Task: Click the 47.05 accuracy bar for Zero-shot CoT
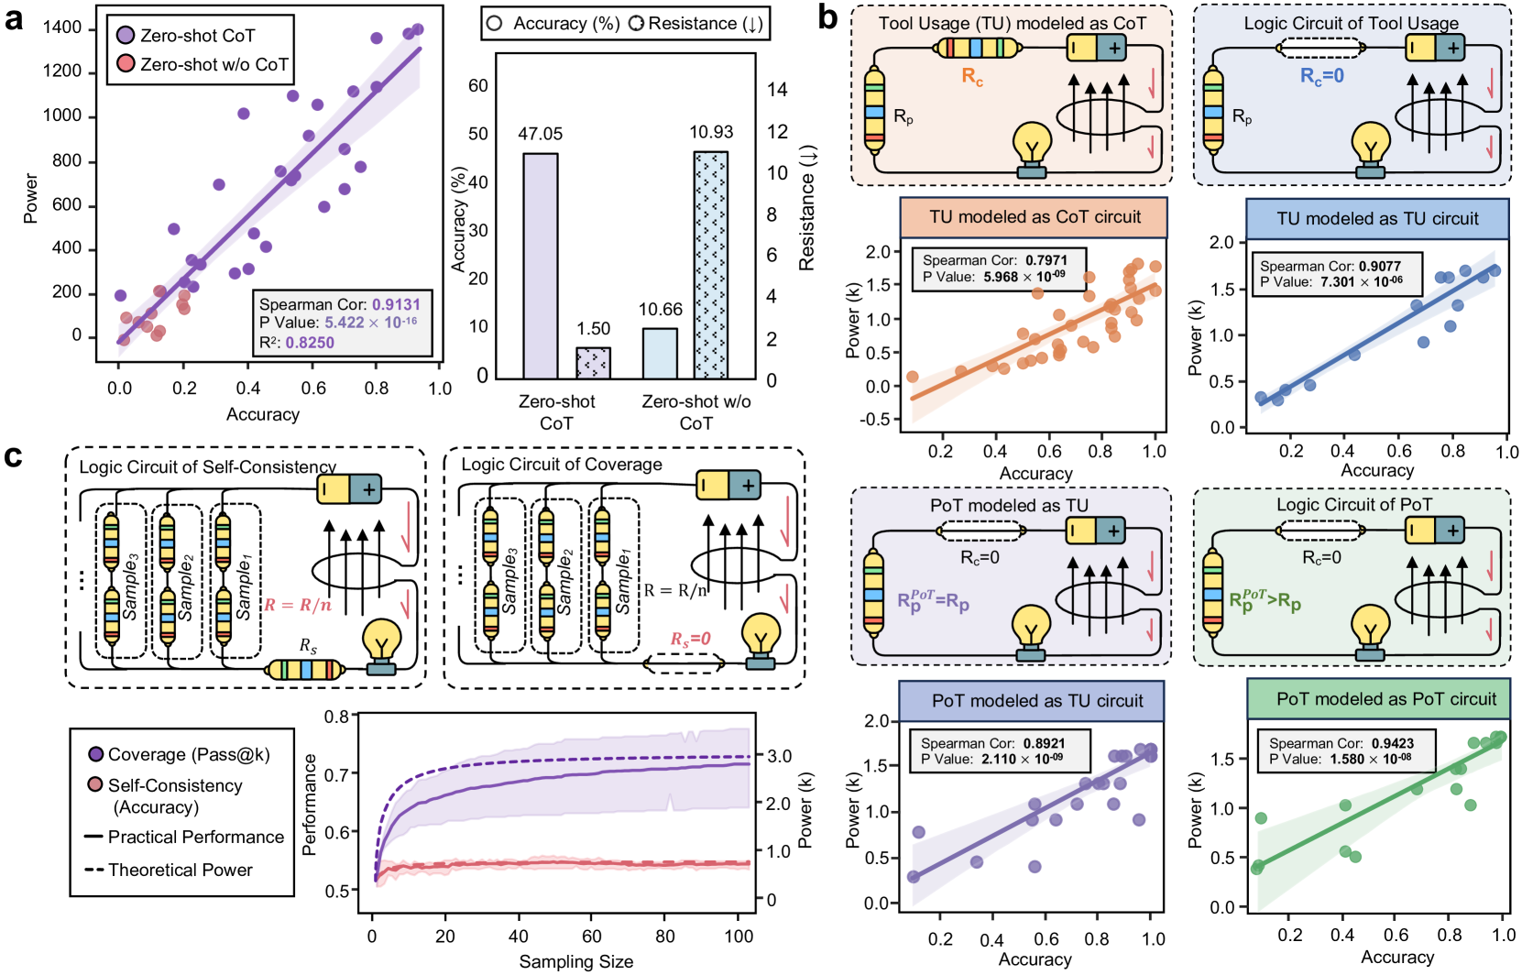540,266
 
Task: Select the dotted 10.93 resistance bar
710,265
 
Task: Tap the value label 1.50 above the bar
594,328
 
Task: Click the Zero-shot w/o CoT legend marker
126,64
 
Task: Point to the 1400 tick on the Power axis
62,27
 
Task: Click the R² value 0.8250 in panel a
310,343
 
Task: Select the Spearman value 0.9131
397,304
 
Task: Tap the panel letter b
827,17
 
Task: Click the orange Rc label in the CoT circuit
972,77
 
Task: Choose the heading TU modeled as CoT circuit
1035,217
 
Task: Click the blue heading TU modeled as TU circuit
1377,219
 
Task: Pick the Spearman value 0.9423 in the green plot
1393,743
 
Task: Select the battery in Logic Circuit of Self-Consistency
350,489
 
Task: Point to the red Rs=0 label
691,639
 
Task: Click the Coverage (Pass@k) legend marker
95,754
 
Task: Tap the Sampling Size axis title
575,961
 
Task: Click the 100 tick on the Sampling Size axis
739,937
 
